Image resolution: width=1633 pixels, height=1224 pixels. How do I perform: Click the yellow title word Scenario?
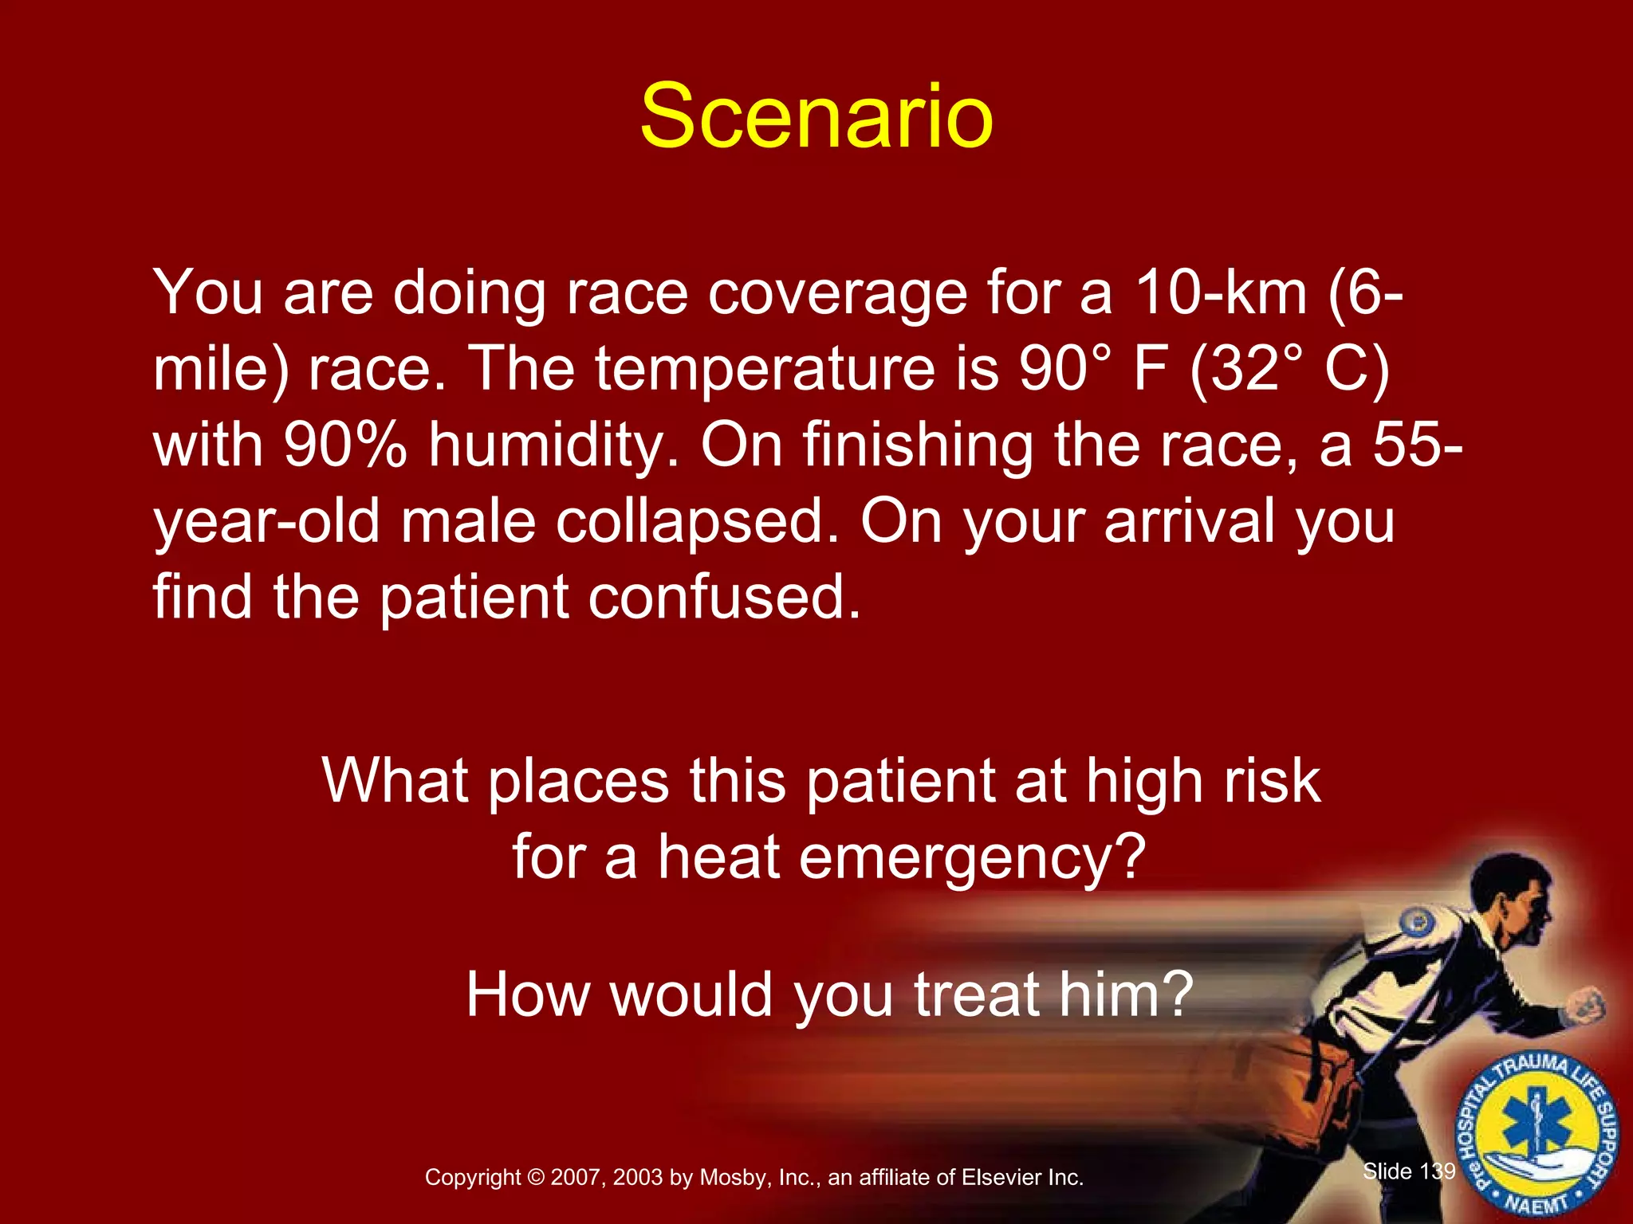[x=816, y=118]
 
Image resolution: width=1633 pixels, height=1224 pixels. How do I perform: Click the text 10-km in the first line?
[x=1221, y=293]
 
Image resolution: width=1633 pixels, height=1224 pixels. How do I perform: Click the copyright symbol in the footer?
[x=536, y=1178]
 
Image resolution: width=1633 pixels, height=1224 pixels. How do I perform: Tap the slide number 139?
[x=1438, y=1171]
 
